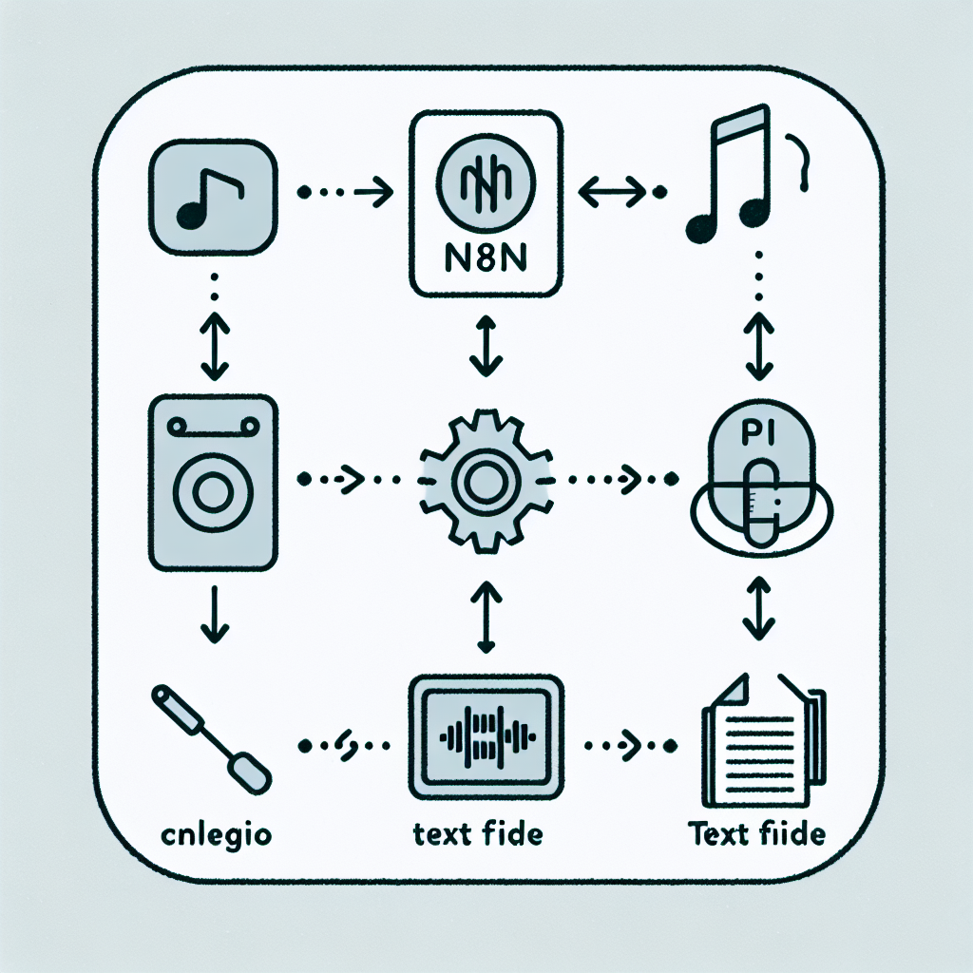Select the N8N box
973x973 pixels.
point(486,203)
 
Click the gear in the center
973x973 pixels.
point(485,481)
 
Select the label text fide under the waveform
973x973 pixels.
point(478,835)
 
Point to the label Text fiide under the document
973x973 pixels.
point(757,835)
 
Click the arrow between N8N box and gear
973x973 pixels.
point(486,346)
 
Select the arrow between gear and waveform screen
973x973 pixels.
point(485,618)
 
